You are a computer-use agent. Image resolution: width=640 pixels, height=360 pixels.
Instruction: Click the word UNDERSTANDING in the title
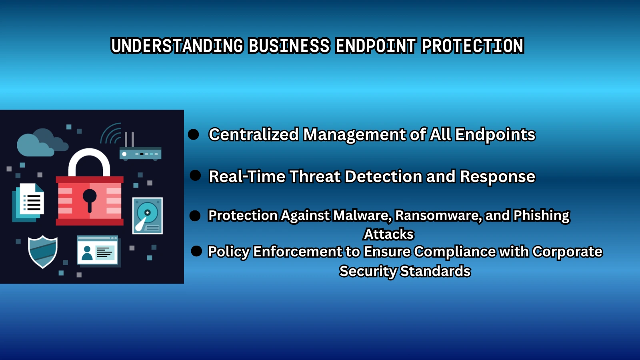(177, 46)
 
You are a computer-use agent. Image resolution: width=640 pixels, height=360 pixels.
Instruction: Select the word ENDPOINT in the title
(376, 46)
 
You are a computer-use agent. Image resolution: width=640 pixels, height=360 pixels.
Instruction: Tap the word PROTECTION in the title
(472, 46)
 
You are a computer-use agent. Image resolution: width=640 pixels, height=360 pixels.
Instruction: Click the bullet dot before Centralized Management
(194, 135)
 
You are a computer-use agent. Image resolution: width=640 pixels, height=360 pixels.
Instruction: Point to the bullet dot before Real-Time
(195, 176)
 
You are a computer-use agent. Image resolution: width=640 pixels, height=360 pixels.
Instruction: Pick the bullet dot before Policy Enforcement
(196, 251)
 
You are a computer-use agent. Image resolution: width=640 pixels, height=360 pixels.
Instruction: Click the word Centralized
(254, 135)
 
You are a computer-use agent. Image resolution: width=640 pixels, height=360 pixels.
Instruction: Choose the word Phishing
(541, 216)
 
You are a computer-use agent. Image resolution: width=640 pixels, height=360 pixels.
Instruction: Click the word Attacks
(389, 234)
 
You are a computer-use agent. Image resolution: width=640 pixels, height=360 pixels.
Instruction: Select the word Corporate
(567, 252)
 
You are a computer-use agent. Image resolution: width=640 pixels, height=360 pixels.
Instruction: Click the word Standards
(435, 271)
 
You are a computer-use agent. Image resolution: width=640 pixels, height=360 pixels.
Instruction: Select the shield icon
(43, 251)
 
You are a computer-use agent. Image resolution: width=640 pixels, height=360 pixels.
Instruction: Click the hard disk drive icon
(148, 216)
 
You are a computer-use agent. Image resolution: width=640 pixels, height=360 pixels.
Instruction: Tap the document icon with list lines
(30, 201)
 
